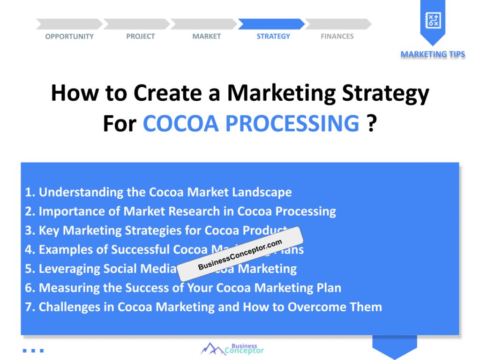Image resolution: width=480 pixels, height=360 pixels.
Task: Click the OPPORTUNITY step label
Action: point(69,37)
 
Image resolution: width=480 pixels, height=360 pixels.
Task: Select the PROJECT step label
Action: point(140,37)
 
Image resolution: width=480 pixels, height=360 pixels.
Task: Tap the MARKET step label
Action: point(206,37)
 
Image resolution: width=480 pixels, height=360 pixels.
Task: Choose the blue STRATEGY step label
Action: point(273,37)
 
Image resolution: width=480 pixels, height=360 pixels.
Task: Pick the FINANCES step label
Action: point(337,37)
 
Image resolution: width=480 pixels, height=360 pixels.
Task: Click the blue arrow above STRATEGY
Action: point(271,24)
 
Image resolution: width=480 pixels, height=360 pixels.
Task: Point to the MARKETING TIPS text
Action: point(433,54)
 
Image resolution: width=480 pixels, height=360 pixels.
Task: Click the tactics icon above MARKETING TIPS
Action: point(432,20)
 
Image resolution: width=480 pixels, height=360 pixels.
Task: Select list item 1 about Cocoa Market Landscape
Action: point(158,192)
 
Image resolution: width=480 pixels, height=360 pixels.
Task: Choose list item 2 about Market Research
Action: point(180,211)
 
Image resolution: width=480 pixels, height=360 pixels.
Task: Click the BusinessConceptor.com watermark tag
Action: point(240,255)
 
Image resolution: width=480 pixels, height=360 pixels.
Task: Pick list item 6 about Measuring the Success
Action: point(183,288)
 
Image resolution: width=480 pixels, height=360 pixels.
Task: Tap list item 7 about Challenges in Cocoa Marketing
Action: point(203,307)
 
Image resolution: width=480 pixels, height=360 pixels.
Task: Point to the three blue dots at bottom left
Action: point(33,350)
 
